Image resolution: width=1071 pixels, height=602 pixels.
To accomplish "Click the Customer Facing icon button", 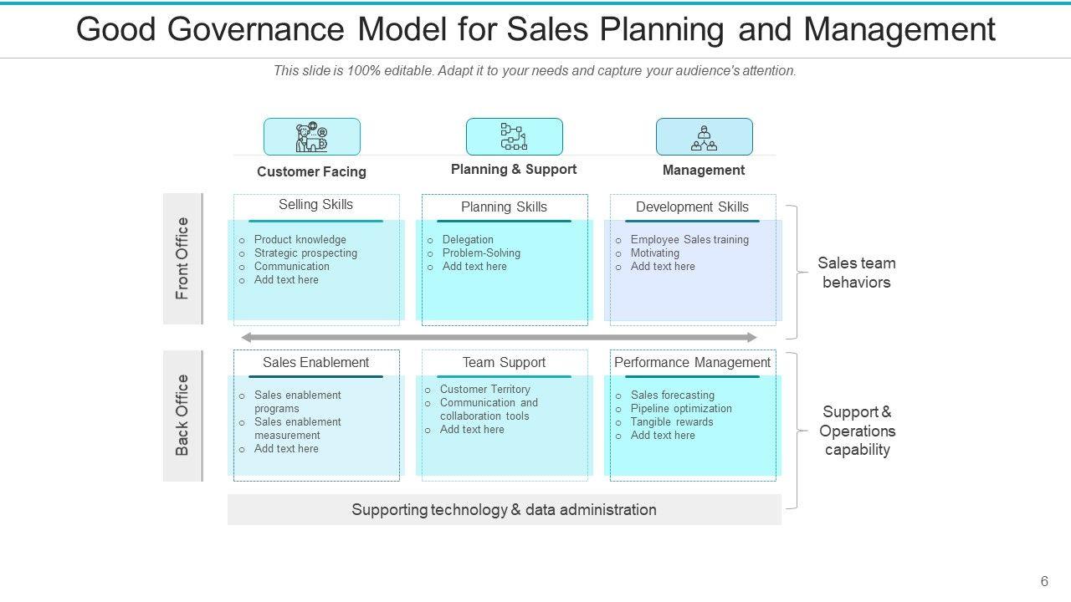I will tap(312, 136).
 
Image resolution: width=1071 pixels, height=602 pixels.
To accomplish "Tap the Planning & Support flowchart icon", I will tap(514, 136).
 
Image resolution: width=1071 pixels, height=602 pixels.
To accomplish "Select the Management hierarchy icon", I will tap(704, 136).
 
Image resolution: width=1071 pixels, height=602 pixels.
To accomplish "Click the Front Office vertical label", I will tap(182, 258).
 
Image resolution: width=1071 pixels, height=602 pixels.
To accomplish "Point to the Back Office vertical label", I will tap(182, 416).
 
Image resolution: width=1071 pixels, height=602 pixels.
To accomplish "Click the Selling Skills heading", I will tap(315, 205).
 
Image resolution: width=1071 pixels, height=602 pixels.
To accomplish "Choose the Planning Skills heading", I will tap(504, 207).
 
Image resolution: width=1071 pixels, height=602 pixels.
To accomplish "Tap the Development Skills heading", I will tap(692, 207).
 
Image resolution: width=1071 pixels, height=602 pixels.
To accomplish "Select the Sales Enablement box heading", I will tap(315, 363).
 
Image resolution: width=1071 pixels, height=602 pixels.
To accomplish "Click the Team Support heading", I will tap(504, 363).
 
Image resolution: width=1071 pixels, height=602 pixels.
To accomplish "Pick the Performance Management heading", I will tap(692, 363).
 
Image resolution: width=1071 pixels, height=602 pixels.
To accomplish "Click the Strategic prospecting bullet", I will tap(305, 253).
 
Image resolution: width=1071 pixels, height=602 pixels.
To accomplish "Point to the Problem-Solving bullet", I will tap(481, 253).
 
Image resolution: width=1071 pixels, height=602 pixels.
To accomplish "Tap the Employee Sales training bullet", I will tap(689, 240).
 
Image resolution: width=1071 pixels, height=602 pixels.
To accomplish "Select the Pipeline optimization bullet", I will tap(681, 409).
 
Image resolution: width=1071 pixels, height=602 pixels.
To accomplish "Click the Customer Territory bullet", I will tap(484, 390).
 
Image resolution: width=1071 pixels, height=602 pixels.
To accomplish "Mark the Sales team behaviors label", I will tap(857, 273).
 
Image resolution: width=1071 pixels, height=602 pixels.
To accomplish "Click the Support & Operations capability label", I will tap(857, 431).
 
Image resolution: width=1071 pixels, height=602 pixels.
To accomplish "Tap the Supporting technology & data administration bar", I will tap(504, 510).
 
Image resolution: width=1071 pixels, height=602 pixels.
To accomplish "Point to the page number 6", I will tap(1044, 582).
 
